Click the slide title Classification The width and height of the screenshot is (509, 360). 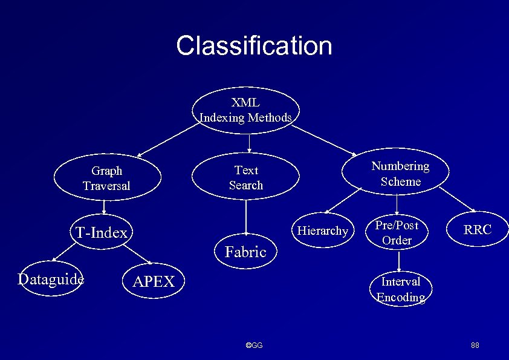254,46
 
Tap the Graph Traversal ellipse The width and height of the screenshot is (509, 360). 106,178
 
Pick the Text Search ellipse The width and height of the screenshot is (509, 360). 246,178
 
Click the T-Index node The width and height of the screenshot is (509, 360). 102,232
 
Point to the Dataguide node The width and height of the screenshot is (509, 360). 51,279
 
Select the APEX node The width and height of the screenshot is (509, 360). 154,281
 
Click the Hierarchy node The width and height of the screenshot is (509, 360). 323,231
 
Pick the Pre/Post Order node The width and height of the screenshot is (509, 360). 397,232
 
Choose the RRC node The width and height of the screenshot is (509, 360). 478,230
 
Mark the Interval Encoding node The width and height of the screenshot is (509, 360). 400,289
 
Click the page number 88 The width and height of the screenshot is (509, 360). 475,345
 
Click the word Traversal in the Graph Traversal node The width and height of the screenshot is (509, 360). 106,186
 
